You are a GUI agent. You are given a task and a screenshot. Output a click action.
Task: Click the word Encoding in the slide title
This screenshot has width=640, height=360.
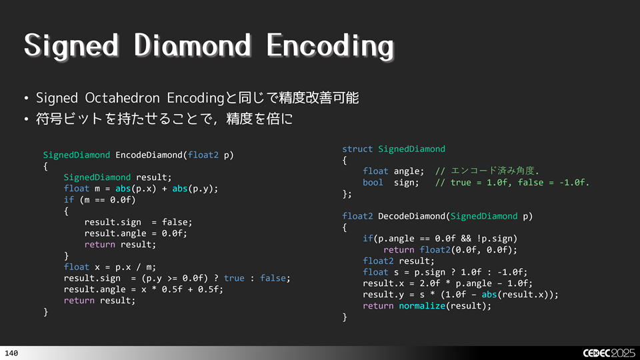tap(329, 47)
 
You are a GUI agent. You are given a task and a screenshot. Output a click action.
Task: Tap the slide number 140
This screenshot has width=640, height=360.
tap(11, 353)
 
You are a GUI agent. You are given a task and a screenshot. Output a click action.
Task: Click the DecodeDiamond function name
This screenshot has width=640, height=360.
tap(411, 216)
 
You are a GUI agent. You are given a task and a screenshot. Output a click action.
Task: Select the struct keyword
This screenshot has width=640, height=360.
tap(357, 149)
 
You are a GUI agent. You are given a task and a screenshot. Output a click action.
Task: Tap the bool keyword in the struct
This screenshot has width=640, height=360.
tap(373, 183)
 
